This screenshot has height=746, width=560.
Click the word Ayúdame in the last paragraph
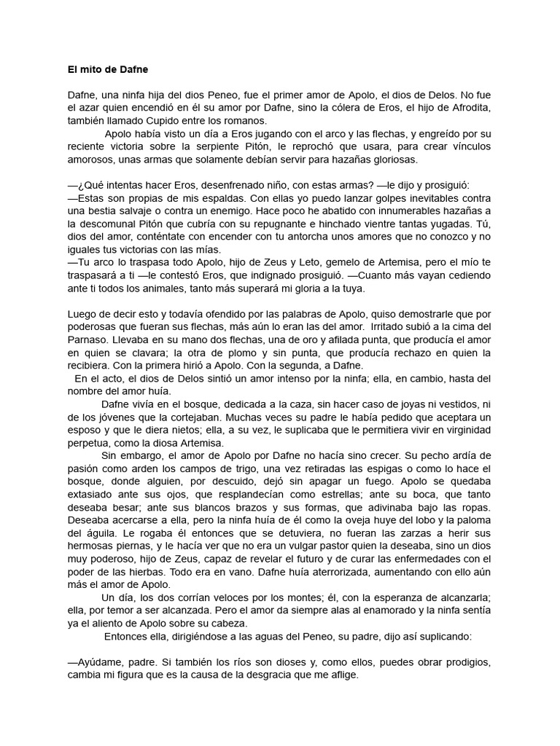tap(99, 662)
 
